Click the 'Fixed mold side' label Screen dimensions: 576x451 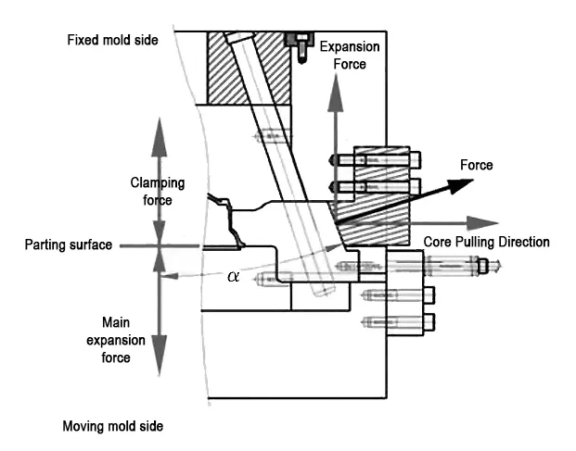pos(112,40)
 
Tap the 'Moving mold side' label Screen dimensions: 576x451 pos(113,426)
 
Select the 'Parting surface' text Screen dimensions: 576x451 pos(69,244)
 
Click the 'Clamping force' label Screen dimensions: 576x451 pos(158,192)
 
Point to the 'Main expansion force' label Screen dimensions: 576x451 pos(116,340)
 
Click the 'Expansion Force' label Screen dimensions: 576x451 pos(350,56)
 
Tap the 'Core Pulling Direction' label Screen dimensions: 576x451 pos(486,242)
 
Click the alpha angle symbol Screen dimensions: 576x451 pos(233,276)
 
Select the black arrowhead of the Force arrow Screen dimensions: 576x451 pos(460,185)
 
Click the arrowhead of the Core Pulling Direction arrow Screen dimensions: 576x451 pos(482,223)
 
